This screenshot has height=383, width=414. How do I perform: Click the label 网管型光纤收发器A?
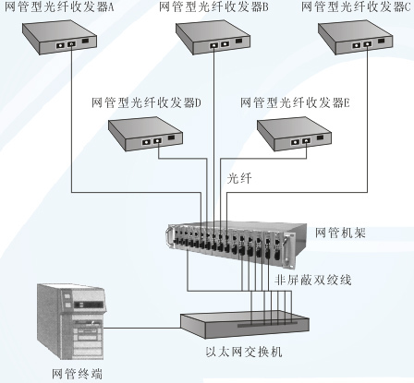click(x=59, y=7)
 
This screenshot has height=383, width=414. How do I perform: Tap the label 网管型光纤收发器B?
click(x=213, y=7)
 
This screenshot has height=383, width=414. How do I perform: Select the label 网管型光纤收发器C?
click(x=356, y=7)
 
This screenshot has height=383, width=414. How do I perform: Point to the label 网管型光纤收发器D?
click(x=146, y=102)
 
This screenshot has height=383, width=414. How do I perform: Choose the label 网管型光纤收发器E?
click(x=295, y=102)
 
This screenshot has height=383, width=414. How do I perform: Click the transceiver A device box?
click(x=60, y=38)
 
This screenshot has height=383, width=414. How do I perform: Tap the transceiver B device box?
click(x=213, y=38)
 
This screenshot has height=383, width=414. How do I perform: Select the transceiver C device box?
click(x=355, y=38)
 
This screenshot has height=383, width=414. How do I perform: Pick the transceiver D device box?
click(x=145, y=134)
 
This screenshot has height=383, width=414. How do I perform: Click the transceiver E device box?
click(x=295, y=134)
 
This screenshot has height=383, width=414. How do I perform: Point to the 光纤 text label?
click(x=239, y=178)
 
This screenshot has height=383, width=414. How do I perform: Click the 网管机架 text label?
click(x=340, y=233)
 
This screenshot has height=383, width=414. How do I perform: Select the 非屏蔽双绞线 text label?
click(x=313, y=280)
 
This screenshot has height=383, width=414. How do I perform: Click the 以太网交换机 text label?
click(x=244, y=352)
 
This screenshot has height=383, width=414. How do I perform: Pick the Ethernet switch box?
click(x=245, y=325)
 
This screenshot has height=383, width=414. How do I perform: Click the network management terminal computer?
click(x=71, y=321)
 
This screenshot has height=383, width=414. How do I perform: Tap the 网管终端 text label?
click(x=77, y=374)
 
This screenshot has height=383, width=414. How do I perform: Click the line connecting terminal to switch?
click(x=142, y=328)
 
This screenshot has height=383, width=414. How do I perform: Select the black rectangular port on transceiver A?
click(x=85, y=41)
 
